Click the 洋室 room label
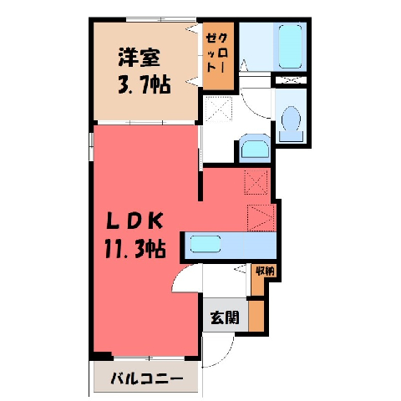(140, 58)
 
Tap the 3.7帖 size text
(145, 84)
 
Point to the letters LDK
(135, 221)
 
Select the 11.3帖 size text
(135, 249)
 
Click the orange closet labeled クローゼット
(218, 56)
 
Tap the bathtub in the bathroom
(290, 47)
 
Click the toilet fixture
(291, 124)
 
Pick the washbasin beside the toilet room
(255, 149)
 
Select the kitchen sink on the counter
(206, 244)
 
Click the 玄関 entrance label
(225, 317)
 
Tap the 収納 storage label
(265, 271)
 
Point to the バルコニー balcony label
(147, 378)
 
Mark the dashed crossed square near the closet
(218, 109)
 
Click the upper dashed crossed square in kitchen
(256, 182)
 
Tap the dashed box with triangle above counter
(261, 218)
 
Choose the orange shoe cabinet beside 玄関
(256, 316)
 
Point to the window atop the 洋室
(161, 20)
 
